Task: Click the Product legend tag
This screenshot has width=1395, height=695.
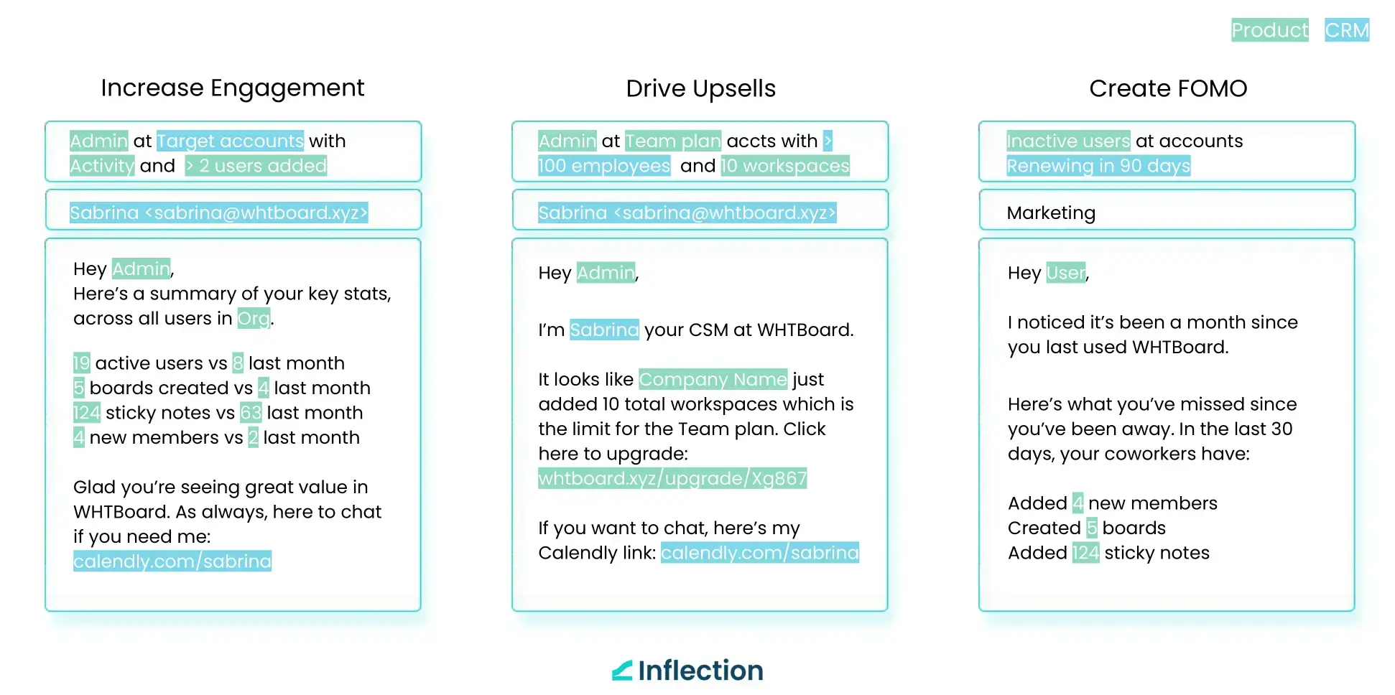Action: point(1269,30)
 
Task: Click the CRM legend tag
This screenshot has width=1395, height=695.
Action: point(1347,30)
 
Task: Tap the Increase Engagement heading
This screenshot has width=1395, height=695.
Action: point(233,88)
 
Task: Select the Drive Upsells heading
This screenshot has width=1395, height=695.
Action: point(700,89)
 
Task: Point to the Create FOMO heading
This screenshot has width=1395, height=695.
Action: point(1168,89)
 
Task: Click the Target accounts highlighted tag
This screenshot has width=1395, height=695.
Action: point(230,141)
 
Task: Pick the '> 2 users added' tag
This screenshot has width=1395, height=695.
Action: point(256,166)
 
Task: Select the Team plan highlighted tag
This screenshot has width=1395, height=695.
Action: point(672,141)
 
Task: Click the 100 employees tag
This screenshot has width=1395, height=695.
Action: point(603,166)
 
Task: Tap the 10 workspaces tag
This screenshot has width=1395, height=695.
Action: point(785,166)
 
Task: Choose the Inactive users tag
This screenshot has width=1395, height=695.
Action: point(1068,141)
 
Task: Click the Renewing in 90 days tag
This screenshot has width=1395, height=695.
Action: point(1098,166)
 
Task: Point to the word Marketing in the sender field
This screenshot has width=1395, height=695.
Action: point(1051,213)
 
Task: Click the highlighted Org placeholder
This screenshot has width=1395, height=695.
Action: point(254,318)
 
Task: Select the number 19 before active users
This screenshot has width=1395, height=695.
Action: point(81,363)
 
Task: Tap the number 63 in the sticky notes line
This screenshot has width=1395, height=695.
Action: point(251,413)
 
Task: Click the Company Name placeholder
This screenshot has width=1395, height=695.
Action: point(713,379)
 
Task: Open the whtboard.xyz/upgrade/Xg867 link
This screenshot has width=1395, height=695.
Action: point(672,478)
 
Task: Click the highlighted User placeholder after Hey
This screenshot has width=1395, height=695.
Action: point(1066,273)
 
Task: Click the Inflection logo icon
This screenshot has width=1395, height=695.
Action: point(622,671)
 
